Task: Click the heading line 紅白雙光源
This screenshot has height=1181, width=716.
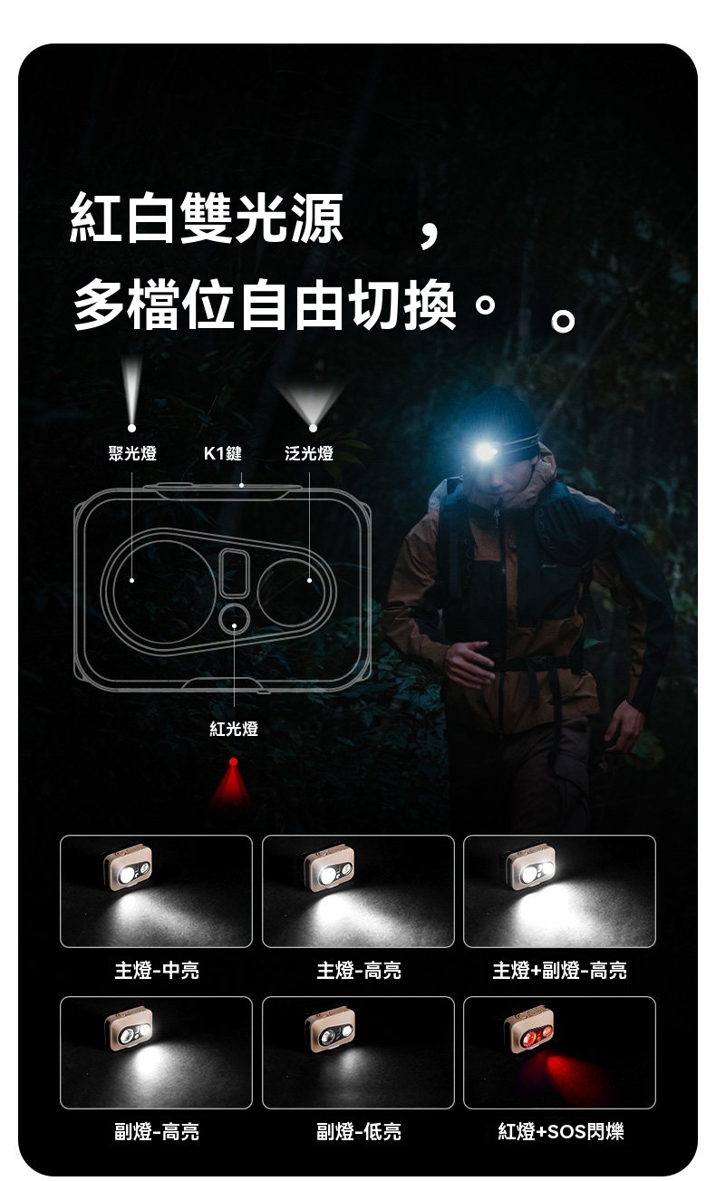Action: click(206, 218)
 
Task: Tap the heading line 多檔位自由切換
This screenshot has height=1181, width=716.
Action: click(264, 305)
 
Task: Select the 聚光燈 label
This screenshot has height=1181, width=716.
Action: click(132, 453)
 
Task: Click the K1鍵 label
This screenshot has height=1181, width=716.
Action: click(222, 453)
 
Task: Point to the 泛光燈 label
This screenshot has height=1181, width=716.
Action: click(309, 453)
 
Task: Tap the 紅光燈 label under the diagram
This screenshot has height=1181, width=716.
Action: click(234, 729)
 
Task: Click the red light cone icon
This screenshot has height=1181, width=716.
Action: click(231, 782)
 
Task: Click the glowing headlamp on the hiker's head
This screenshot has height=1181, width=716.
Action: click(485, 451)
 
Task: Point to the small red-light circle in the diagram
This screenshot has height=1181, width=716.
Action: click(234, 619)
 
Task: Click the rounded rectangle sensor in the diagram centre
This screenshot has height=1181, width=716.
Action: click(234, 573)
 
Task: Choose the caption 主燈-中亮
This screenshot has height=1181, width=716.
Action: click(157, 970)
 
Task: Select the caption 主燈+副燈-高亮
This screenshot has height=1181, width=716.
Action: click(559, 970)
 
